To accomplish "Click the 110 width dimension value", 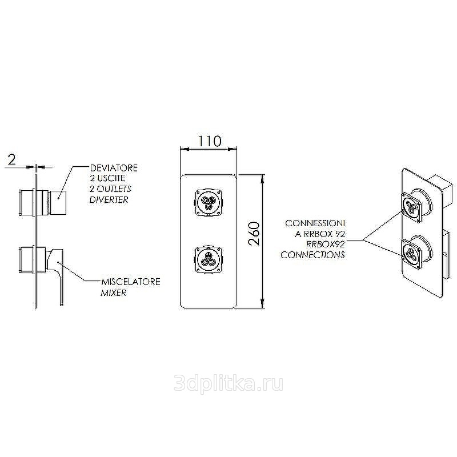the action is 210,141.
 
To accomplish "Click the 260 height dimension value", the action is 253,234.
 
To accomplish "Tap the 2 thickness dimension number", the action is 11,159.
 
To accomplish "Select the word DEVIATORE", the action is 114,168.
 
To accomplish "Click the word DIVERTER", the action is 109,199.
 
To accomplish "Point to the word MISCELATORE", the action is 131,282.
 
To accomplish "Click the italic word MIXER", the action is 113,292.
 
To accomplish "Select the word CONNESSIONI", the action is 315,223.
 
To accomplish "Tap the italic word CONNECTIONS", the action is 312,255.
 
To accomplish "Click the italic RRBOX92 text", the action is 326,244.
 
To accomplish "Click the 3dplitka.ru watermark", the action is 228,383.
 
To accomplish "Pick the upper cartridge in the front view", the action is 209,203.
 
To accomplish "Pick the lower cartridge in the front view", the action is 209,259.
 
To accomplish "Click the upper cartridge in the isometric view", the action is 411,206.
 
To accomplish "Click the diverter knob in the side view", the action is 59,203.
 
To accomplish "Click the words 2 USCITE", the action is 107,178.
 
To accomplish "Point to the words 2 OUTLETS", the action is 110,189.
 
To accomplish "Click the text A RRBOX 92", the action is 320,234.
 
